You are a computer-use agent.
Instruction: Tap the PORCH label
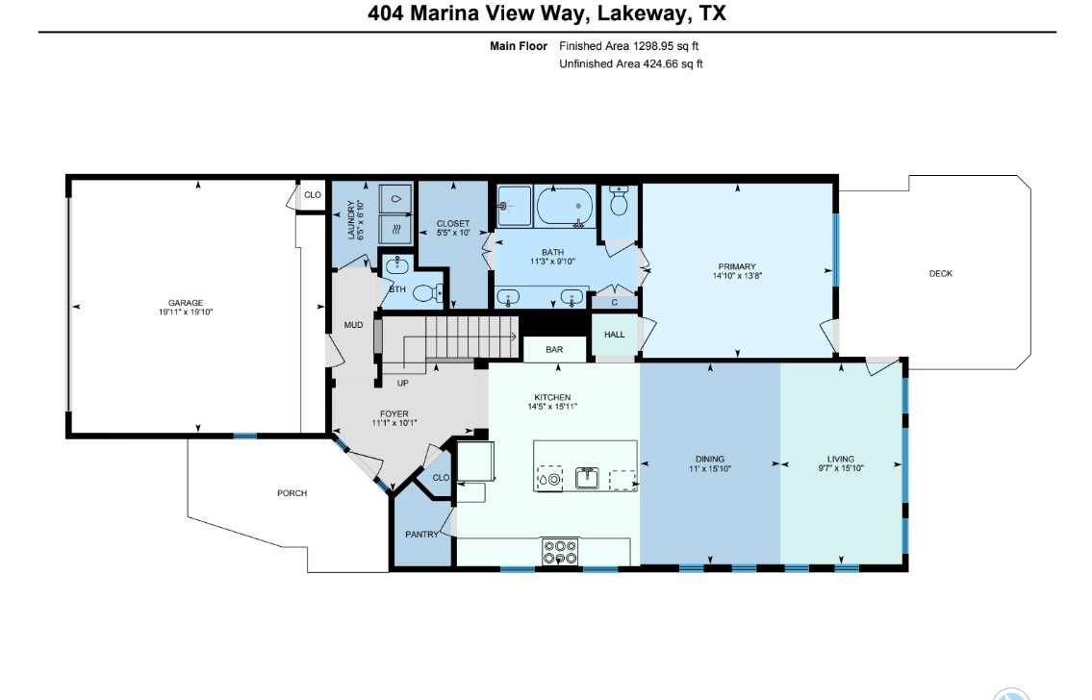click(x=292, y=493)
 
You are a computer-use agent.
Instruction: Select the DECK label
click(x=940, y=274)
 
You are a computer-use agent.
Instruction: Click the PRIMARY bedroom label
click(x=736, y=266)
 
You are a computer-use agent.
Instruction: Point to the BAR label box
click(x=554, y=350)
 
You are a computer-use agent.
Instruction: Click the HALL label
click(x=614, y=335)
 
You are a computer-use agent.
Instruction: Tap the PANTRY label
click(x=421, y=535)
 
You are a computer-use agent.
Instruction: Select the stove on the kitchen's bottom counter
click(x=560, y=552)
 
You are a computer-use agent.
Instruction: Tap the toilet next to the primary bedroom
click(x=620, y=203)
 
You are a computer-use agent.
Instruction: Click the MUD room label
click(x=353, y=325)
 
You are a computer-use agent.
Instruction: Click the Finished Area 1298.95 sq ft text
click(x=635, y=46)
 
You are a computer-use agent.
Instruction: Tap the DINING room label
click(x=710, y=459)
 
